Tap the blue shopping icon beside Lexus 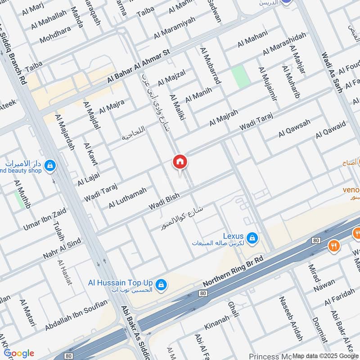(252, 237)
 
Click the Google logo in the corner (19, 353)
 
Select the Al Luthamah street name (127, 198)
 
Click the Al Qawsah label (294, 128)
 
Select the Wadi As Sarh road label (332, 72)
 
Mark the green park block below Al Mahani (240, 76)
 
